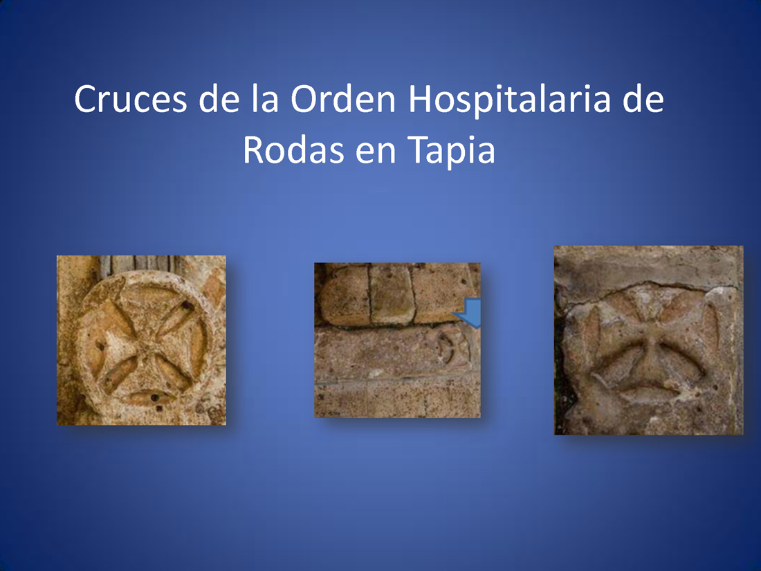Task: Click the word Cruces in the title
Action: point(130,98)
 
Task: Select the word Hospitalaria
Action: point(509,101)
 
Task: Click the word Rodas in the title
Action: point(293,149)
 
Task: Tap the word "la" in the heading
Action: point(265,98)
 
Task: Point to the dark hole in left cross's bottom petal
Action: point(155,398)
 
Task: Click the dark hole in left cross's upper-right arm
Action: point(186,306)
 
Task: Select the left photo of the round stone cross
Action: point(141,340)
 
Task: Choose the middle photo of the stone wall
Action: point(398,340)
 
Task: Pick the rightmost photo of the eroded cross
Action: point(649,340)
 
